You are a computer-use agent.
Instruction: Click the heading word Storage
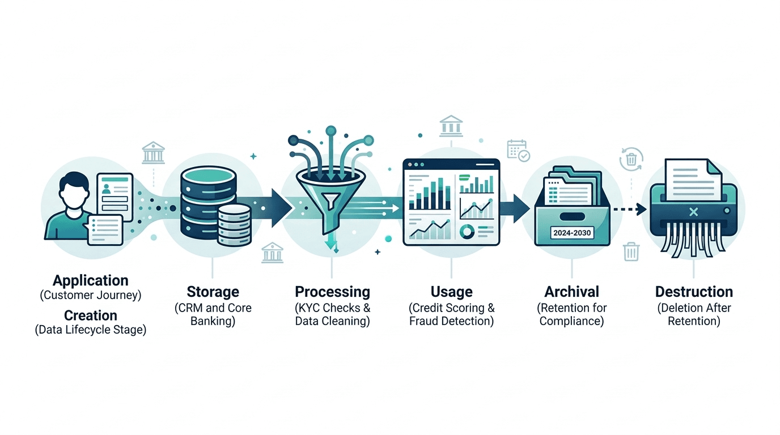[213, 292]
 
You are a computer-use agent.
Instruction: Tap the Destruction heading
[694, 292]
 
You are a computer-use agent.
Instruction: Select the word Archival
[571, 292]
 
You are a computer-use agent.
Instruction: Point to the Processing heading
[332, 292]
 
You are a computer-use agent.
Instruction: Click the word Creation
[91, 315]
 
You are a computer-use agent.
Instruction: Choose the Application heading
[91, 280]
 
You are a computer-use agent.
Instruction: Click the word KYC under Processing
[309, 308]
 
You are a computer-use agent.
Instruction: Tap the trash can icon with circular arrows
[631, 159]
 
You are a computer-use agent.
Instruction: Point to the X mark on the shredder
[693, 212]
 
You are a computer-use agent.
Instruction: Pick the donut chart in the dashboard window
[467, 231]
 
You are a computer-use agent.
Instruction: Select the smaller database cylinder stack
[234, 225]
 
